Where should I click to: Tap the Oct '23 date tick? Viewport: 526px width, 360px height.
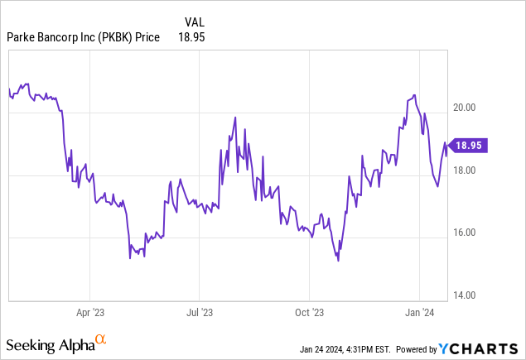(308, 313)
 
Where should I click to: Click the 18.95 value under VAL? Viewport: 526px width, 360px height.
(191, 37)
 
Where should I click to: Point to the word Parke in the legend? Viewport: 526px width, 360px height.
(22, 37)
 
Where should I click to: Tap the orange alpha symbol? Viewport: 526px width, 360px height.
(100, 339)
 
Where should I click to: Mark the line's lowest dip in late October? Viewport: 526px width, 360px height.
(338, 261)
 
